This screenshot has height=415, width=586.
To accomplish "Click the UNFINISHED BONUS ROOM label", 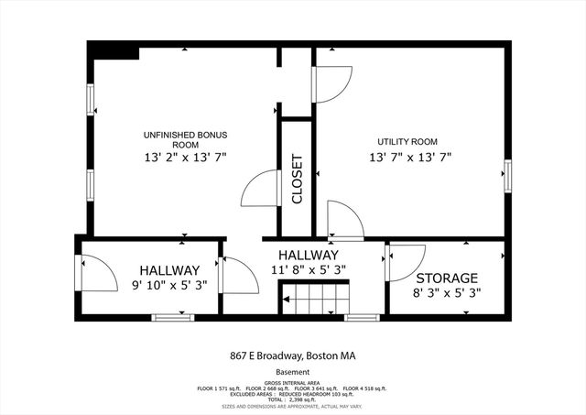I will pyautogui.click(x=185, y=140).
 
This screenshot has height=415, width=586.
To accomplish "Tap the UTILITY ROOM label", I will pyautogui.click(x=407, y=142).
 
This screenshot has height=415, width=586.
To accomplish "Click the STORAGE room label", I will pyautogui.click(x=447, y=278).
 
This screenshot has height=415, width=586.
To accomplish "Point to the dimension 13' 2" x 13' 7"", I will pyautogui.click(x=185, y=158).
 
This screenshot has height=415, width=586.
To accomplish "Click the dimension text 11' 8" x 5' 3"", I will pyautogui.click(x=309, y=269).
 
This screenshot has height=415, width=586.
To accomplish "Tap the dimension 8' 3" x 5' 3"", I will pyautogui.click(x=447, y=293).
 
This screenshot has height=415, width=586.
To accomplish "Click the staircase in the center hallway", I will pyautogui.click(x=315, y=300).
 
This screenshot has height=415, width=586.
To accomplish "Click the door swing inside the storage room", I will pyautogui.click(x=404, y=263).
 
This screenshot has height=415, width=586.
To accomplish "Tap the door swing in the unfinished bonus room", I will pyautogui.click(x=258, y=191).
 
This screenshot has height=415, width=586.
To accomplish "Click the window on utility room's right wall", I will pyautogui.click(x=506, y=174).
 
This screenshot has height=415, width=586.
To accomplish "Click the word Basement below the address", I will pyautogui.click(x=293, y=373).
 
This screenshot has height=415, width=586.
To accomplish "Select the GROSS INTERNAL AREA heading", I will pyautogui.click(x=293, y=383).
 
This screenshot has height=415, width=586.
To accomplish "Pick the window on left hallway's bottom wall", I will pyautogui.click(x=173, y=318).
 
